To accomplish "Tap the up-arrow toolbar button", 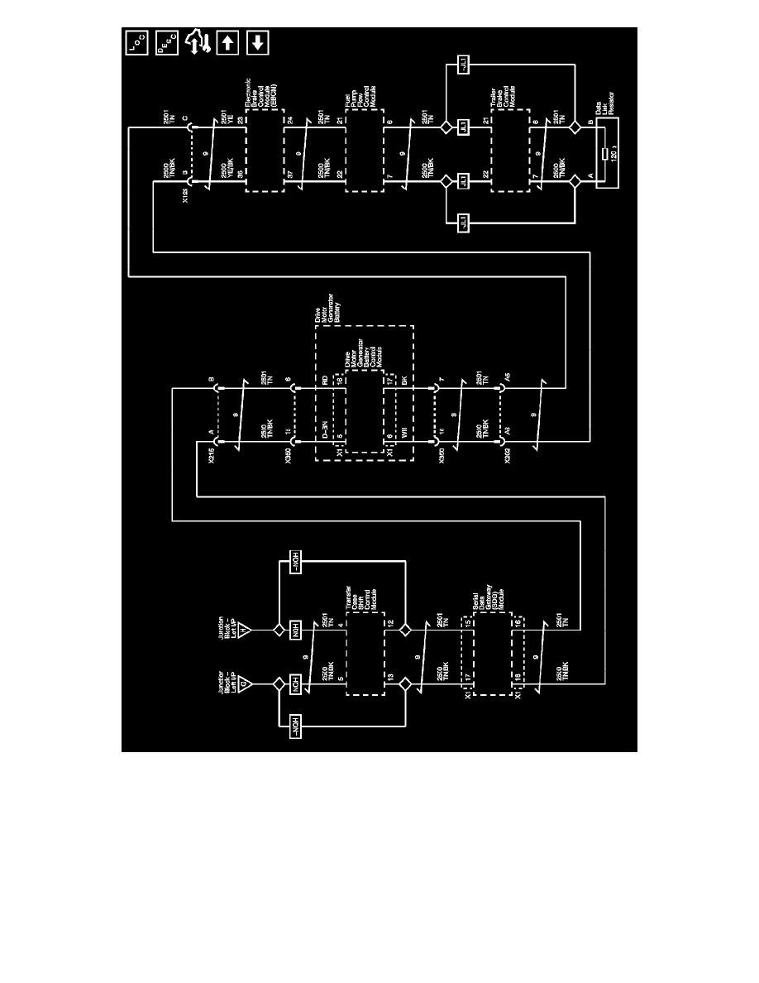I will click(x=227, y=42).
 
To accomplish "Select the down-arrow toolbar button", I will click(x=257, y=42).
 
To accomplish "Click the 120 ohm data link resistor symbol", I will click(x=606, y=155).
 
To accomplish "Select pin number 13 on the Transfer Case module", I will click(x=389, y=677).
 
